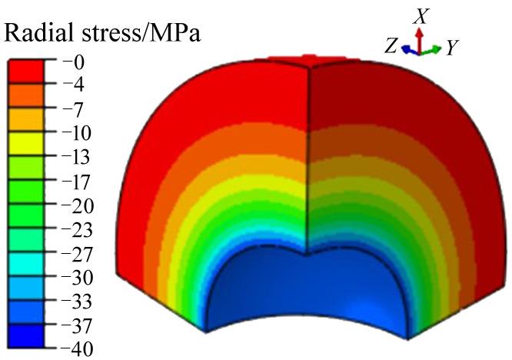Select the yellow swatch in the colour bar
tap(25, 143)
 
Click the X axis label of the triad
tap(420, 15)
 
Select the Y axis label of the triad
tap(453, 48)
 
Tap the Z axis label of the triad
tap(392, 46)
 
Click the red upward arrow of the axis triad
tap(419, 37)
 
